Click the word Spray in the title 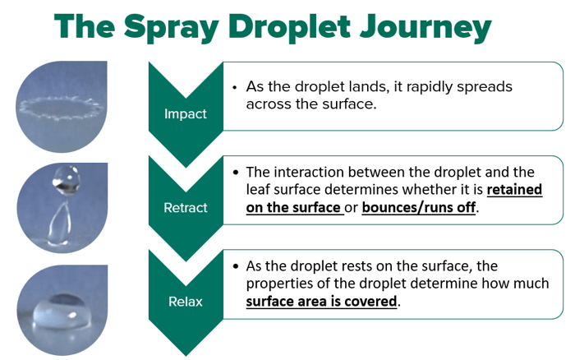pyautogui.click(x=171, y=28)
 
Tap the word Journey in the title pyautogui.click(x=425, y=28)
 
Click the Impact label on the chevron pyautogui.click(x=185, y=113)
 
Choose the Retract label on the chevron pyautogui.click(x=185, y=208)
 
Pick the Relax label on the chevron pyautogui.click(x=185, y=302)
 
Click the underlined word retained pyautogui.click(x=514, y=190)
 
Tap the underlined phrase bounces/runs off pyautogui.click(x=419, y=208)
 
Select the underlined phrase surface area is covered pyautogui.click(x=322, y=302)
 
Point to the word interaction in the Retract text pyautogui.click(x=310, y=172)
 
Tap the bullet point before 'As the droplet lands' pyautogui.click(x=235, y=87)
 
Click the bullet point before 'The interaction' pyautogui.click(x=236, y=172)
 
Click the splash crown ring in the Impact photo pyautogui.click(x=61, y=108)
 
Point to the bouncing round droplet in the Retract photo pyautogui.click(x=66, y=180)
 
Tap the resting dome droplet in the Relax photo pyautogui.click(x=62, y=311)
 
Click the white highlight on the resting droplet pyautogui.click(x=72, y=315)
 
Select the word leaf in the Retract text pyautogui.click(x=258, y=190)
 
